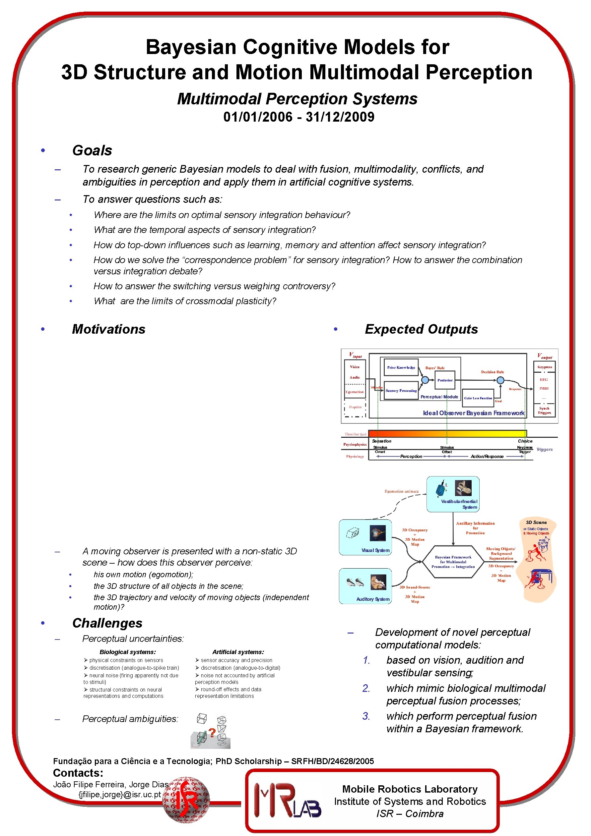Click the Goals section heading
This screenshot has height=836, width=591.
coord(92,150)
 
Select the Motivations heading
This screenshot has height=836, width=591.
coord(108,329)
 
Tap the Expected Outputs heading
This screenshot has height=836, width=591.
coord(421,329)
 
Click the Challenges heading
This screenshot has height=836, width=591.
coord(107,623)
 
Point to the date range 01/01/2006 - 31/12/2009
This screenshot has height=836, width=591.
coord(299,117)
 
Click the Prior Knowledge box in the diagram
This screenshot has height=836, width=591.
coord(401,368)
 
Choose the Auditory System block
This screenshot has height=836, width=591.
coord(365,586)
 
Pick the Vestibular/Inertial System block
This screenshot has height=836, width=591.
coord(453,494)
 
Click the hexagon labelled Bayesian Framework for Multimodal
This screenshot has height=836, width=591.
coord(453,562)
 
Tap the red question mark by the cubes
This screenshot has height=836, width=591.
coord(212,733)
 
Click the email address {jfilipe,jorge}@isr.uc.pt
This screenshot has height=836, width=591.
coord(119,795)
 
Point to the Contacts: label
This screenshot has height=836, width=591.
coord(78,773)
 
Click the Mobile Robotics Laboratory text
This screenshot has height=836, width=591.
coord(410,789)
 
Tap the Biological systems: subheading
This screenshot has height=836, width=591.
coord(128,652)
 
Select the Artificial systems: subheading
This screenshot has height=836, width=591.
coord(238,652)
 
